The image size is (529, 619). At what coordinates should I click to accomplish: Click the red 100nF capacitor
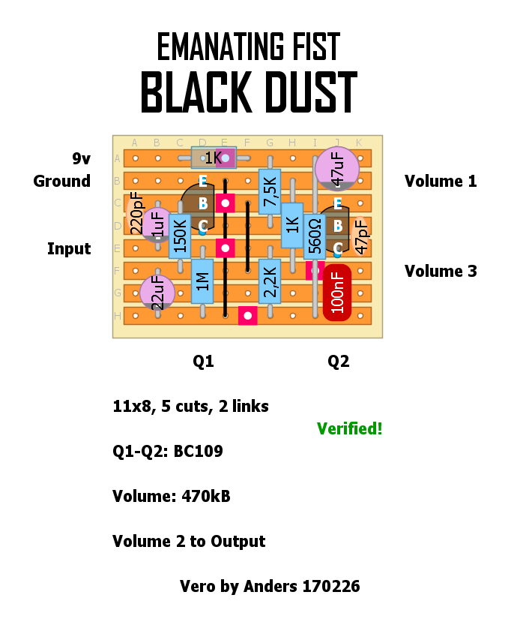pyautogui.click(x=337, y=293)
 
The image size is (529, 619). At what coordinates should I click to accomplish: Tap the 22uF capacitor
pyautogui.click(x=157, y=292)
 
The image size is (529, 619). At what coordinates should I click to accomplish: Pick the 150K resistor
pyautogui.click(x=180, y=236)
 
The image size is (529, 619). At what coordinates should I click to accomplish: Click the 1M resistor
pyautogui.click(x=202, y=281)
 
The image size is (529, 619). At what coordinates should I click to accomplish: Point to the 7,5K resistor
pyautogui.click(x=270, y=191)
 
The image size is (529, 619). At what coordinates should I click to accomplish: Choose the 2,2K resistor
pyautogui.click(x=270, y=281)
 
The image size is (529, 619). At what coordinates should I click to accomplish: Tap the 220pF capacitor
pyautogui.click(x=136, y=215)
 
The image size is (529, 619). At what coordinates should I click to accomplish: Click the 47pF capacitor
pyautogui.click(x=360, y=236)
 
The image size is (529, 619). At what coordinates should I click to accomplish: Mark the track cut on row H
pyautogui.click(x=247, y=315)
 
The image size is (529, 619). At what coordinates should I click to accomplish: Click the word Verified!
pyautogui.click(x=349, y=429)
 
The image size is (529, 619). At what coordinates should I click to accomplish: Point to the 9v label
pyautogui.click(x=81, y=158)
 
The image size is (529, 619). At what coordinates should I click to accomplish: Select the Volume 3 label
pyautogui.click(x=441, y=271)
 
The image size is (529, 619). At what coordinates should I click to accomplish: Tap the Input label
pyautogui.click(x=69, y=248)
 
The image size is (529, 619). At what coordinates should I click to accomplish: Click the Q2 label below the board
pyautogui.click(x=338, y=362)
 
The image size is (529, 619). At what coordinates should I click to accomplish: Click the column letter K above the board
pyautogui.click(x=360, y=143)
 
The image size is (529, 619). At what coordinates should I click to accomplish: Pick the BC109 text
pyautogui.click(x=198, y=452)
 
